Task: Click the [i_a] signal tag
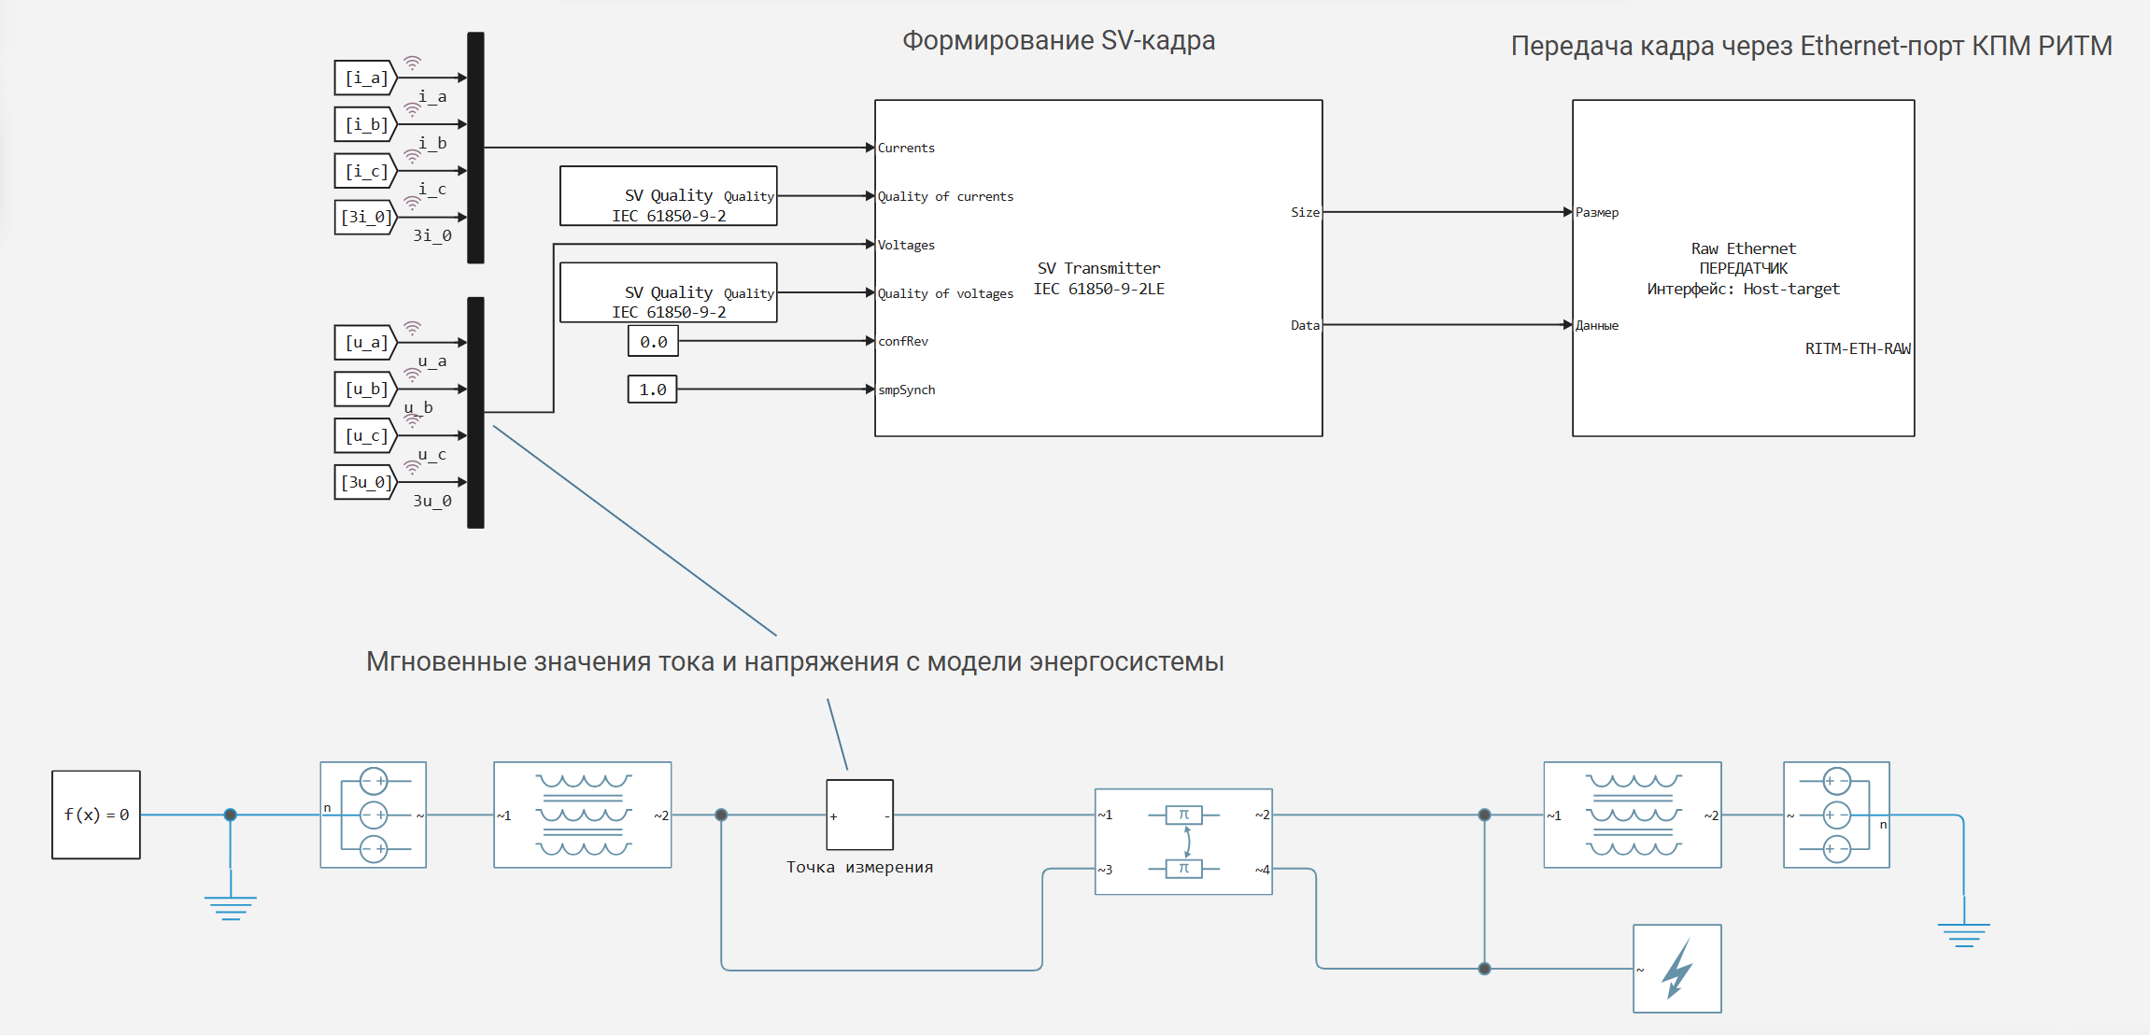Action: [x=365, y=78]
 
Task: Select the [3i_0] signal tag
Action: [x=365, y=217]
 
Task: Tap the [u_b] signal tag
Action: [x=365, y=389]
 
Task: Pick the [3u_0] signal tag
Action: [x=365, y=482]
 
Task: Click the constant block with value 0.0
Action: [x=653, y=342]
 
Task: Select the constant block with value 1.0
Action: [x=652, y=390]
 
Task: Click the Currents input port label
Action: [x=906, y=148]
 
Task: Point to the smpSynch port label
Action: [x=906, y=390]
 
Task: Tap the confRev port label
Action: [x=903, y=341]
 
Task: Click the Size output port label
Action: [x=1305, y=212]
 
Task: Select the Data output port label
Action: [x=1305, y=325]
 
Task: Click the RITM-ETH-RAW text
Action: [x=1858, y=348]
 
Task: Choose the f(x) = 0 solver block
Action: [x=96, y=815]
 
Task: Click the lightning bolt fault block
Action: [x=1676, y=969]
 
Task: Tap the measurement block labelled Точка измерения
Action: [x=859, y=815]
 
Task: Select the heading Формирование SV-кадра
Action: [x=1058, y=40]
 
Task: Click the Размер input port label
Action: [x=1597, y=212]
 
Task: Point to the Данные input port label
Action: [x=1597, y=325]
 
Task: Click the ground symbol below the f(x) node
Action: [x=231, y=906]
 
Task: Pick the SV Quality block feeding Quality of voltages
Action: [x=668, y=292]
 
